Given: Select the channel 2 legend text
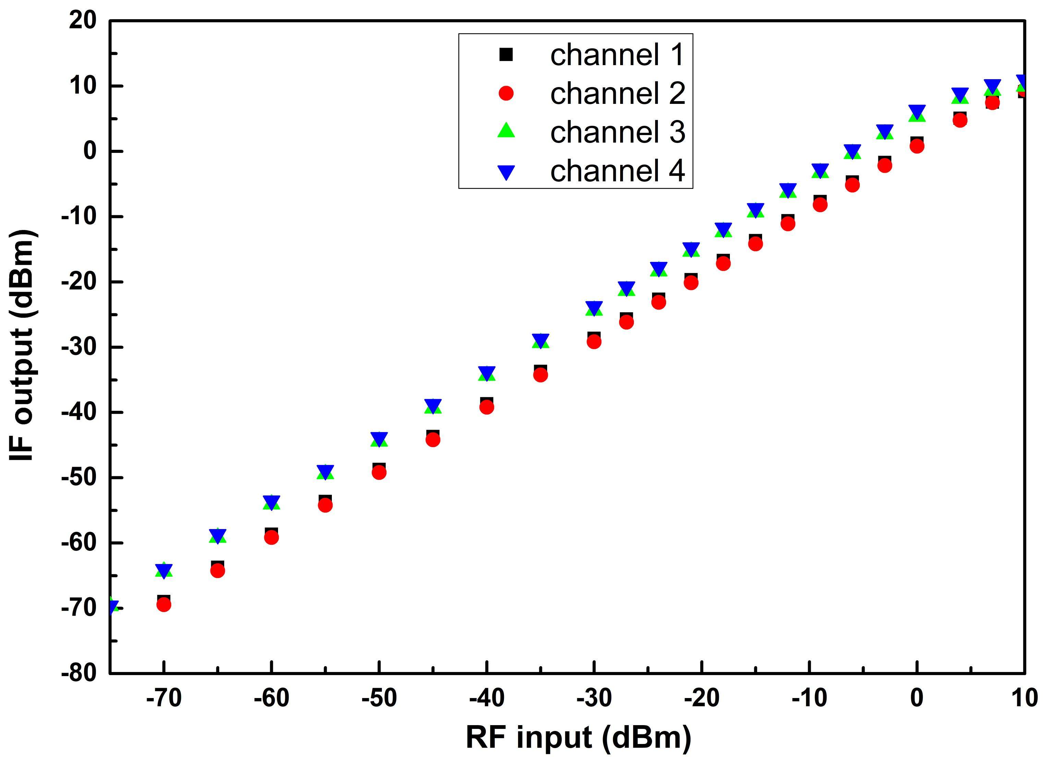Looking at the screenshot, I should [617, 94].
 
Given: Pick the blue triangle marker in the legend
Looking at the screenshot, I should [506, 173].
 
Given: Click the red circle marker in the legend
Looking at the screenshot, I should [506, 93].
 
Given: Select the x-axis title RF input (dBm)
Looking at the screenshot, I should [578, 737].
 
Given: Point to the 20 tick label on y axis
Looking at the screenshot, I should [83, 21].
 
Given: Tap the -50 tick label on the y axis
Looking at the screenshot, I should [79, 478].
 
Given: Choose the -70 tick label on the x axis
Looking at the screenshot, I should [164, 698].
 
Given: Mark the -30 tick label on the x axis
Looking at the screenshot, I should [594, 698].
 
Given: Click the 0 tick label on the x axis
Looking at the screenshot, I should [917, 698].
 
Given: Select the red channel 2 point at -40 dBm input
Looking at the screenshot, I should [486, 407].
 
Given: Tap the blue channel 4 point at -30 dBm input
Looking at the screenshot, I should [594, 307].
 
